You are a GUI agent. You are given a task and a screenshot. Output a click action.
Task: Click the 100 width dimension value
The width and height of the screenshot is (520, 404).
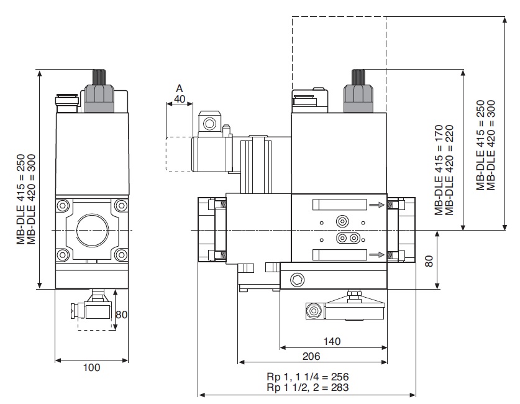(x=91, y=367)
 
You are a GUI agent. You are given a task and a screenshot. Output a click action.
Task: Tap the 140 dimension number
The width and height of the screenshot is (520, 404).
(x=334, y=341)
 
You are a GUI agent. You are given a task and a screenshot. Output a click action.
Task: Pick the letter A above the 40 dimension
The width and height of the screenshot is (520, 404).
(x=180, y=88)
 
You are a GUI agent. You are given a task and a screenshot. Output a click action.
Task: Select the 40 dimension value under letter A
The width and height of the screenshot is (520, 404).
(x=180, y=98)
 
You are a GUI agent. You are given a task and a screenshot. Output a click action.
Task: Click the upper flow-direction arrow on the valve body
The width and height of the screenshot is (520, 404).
(x=375, y=204)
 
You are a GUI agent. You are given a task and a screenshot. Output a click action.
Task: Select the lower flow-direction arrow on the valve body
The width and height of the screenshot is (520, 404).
(x=375, y=254)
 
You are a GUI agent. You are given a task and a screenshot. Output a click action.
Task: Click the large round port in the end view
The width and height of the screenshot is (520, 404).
(x=92, y=229)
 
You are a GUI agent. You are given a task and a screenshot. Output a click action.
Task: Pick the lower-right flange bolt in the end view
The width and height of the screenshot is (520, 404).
(x=121, y=255)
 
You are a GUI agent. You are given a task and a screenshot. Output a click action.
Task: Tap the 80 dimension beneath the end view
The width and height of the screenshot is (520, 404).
(x=122, y=315)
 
